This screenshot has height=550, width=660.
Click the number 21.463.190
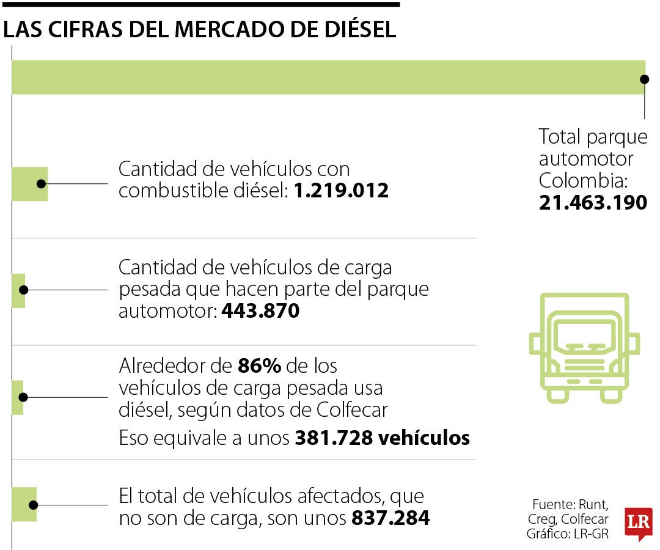(x=592, y=203)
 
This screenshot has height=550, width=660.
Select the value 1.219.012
(x=341, y=191)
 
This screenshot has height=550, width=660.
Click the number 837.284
(x=391, y=518)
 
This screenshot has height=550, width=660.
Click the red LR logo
(x=638, y=523)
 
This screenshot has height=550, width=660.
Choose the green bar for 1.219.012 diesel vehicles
(x=29, y=183)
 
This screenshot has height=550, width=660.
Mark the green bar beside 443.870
(x=18, y=290)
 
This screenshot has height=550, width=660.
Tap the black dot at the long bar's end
(x=643, y=79)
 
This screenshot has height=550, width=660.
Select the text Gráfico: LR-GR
(x=567, y=533)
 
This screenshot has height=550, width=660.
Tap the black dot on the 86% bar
(x=23, y=397)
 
